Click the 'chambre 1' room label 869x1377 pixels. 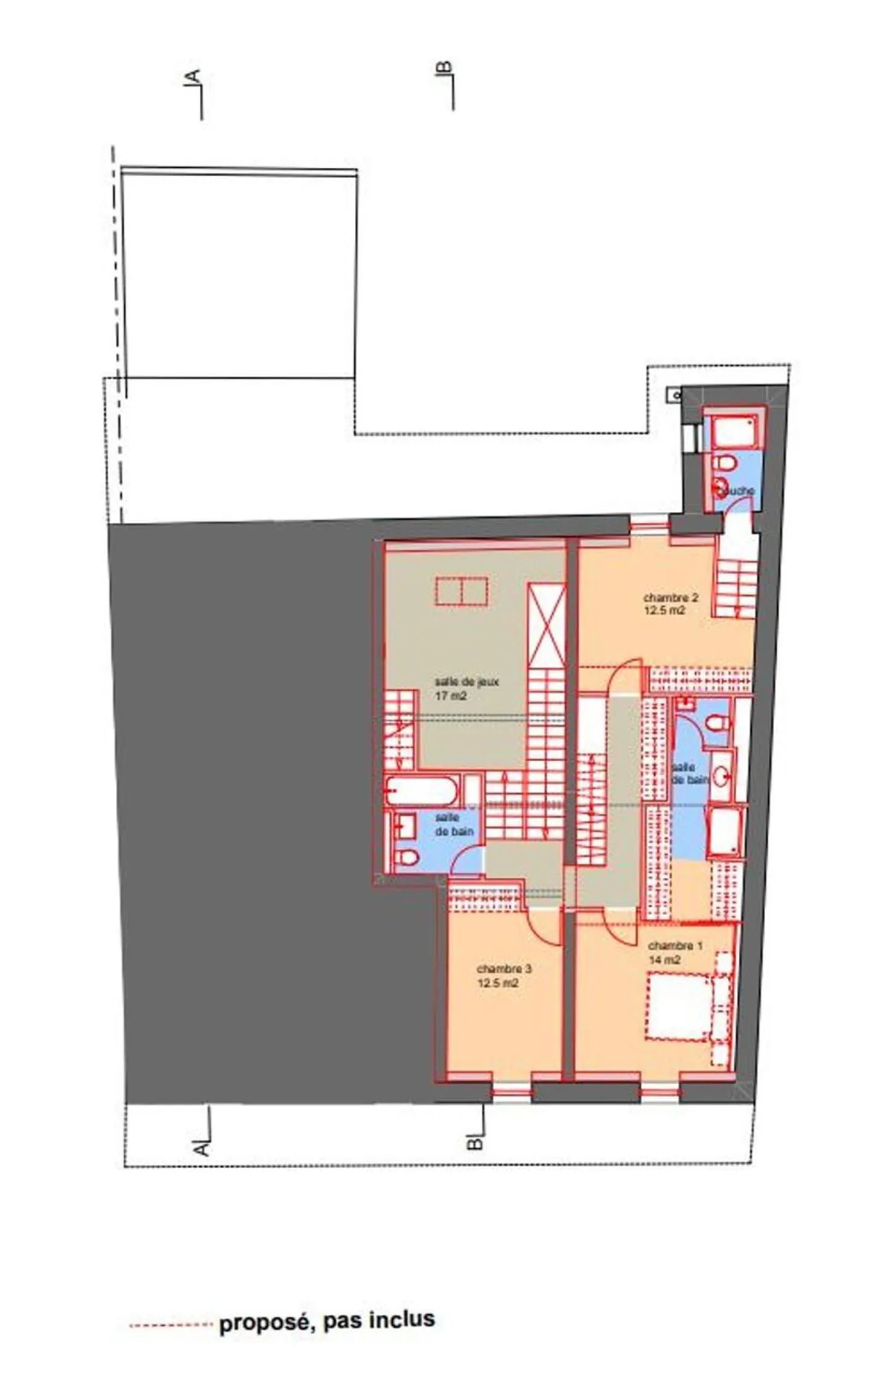point(675,946)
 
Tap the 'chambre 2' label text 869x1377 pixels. point(670,598)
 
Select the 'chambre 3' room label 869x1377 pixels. point(504,969)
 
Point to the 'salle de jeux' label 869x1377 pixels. point(467,682)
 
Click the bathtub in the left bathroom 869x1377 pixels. point(421,791)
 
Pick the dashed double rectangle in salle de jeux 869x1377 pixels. point(462,590)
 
